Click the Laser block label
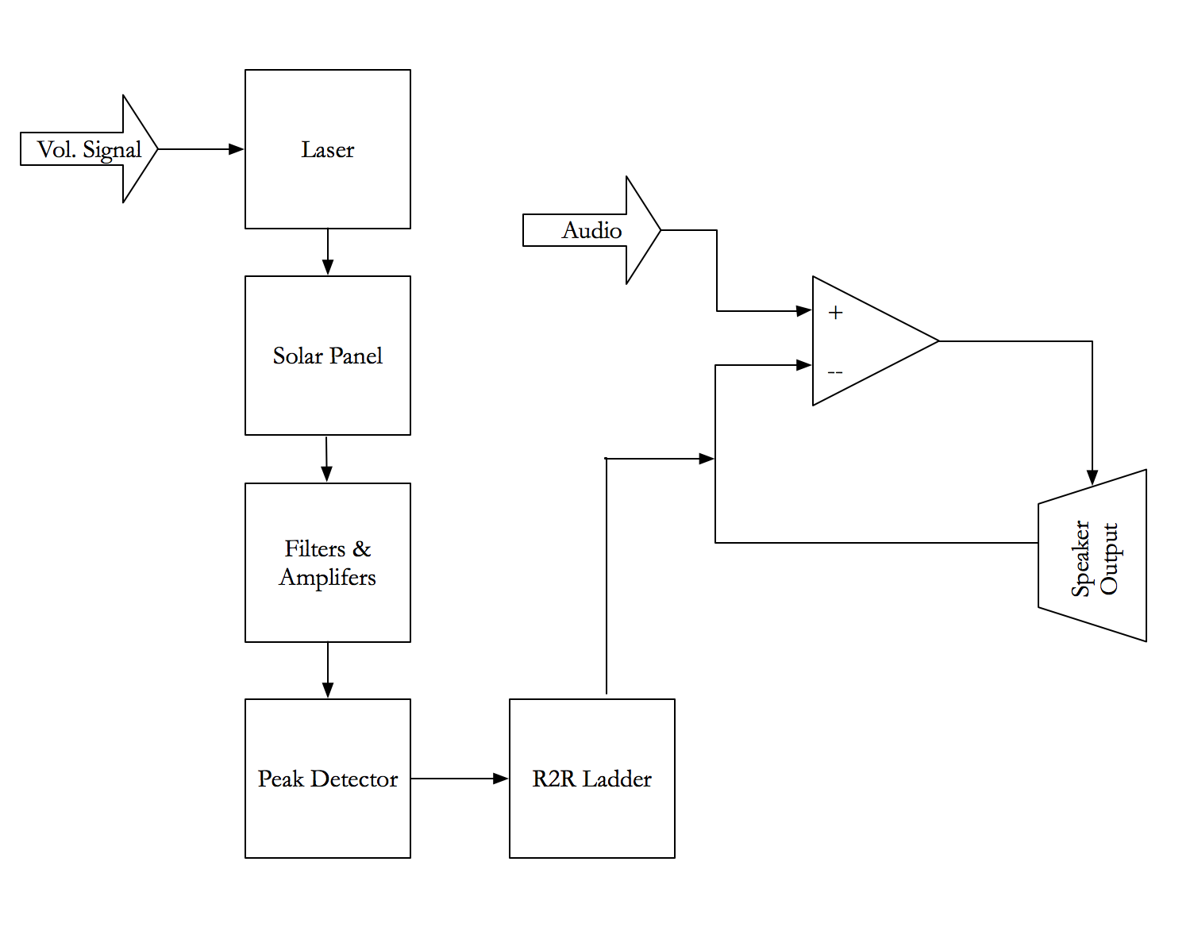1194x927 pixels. coord(327,149)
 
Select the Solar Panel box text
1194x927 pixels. coord(327,356)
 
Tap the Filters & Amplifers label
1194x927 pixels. coord(327,563)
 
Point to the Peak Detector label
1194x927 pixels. coord(327,779)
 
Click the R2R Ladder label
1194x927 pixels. coord(591,779)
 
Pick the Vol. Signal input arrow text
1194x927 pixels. coord(89,149)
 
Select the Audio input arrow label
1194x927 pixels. coord(591,230)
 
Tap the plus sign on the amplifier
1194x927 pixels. coord(835,313)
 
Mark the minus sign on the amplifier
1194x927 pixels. coord(835,372)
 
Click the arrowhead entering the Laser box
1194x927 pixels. coord(236,149)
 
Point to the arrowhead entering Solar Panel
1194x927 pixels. coord(327,267)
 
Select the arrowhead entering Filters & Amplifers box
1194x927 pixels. coord(326,474)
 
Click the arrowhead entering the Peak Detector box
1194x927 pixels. coord(327,690)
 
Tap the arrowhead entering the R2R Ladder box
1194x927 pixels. coord(500,779)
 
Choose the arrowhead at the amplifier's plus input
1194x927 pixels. coord(803,311)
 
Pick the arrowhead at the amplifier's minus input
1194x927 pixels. coord(803,365)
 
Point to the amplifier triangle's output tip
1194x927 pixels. coord(938,341)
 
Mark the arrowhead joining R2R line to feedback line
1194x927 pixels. coord(706,459)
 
